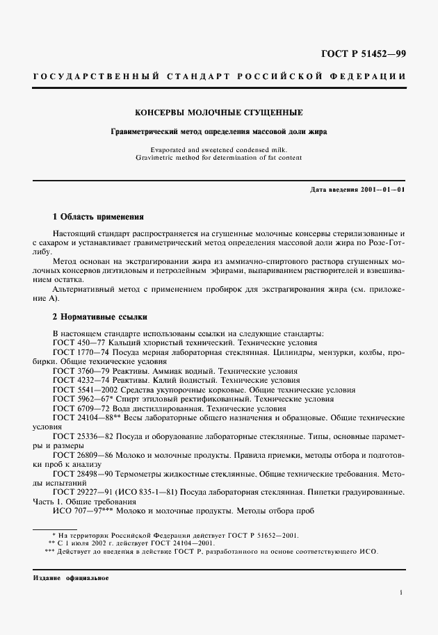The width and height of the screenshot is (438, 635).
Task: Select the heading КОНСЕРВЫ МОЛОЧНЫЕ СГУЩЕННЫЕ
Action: pyautogui.click(x=219, y=112)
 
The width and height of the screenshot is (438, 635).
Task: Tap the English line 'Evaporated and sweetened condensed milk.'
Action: pyautogui.click(x=219, y=149)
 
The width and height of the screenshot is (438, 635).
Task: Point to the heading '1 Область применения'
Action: pyautogui.click(x=98, y=216)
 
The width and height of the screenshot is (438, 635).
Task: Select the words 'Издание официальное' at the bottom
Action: pyautogui.click(x=71, y=578)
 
